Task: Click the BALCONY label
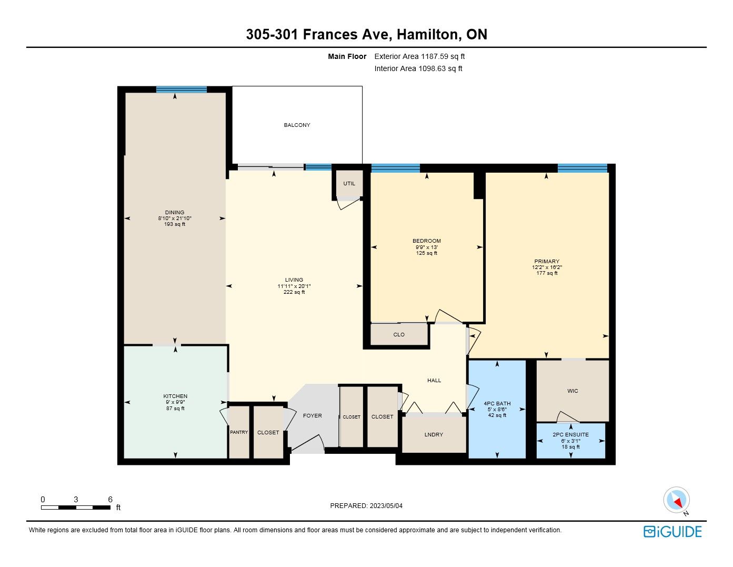(297, 125)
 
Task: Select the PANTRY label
(239, 432)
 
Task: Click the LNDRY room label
(434, 435)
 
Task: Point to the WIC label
(573, 391)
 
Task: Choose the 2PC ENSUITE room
(571, 441)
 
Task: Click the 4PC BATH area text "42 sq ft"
(497, 415)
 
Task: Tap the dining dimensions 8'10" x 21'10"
(175, 218)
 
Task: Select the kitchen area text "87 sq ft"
(175, 409)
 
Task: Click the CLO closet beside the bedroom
(399, 334)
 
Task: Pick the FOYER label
(313, 416)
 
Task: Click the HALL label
(434, 381)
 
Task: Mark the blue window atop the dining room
(182, 89)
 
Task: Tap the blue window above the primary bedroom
(582, 168)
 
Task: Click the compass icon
(676, 500)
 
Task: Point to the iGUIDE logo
(672, 532)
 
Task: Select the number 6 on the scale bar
(110, 500)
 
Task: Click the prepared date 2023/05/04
(386, 506)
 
